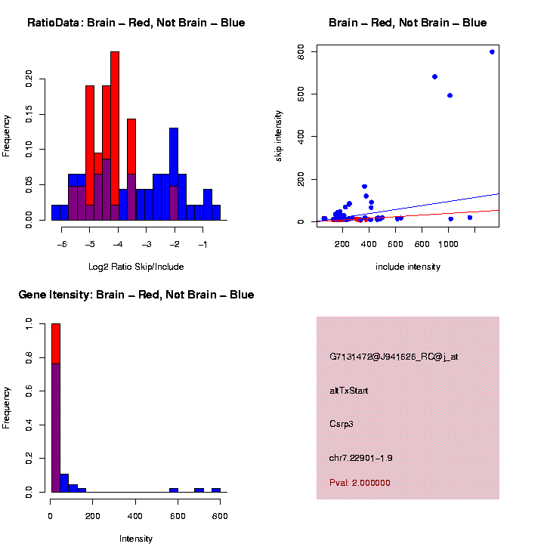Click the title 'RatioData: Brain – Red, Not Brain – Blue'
tap(136, 23)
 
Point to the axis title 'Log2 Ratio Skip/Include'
tap(135, 267)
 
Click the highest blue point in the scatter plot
tap(492, 52)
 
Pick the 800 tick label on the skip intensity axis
tap(301, 51)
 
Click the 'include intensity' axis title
tap(408, 267)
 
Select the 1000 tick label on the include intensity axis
tap(449, 245)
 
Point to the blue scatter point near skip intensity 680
tap(434, 76)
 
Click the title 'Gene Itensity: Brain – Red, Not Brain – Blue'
tap(136, 295)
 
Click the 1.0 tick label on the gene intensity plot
tap(29, 323)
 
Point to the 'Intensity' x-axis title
tap(136, 539)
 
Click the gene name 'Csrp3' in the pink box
tap(342, 424)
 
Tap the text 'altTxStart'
tap(349, 391)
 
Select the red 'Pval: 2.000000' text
tap(360, 483)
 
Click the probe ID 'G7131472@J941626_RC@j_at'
tap(394, 357)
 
